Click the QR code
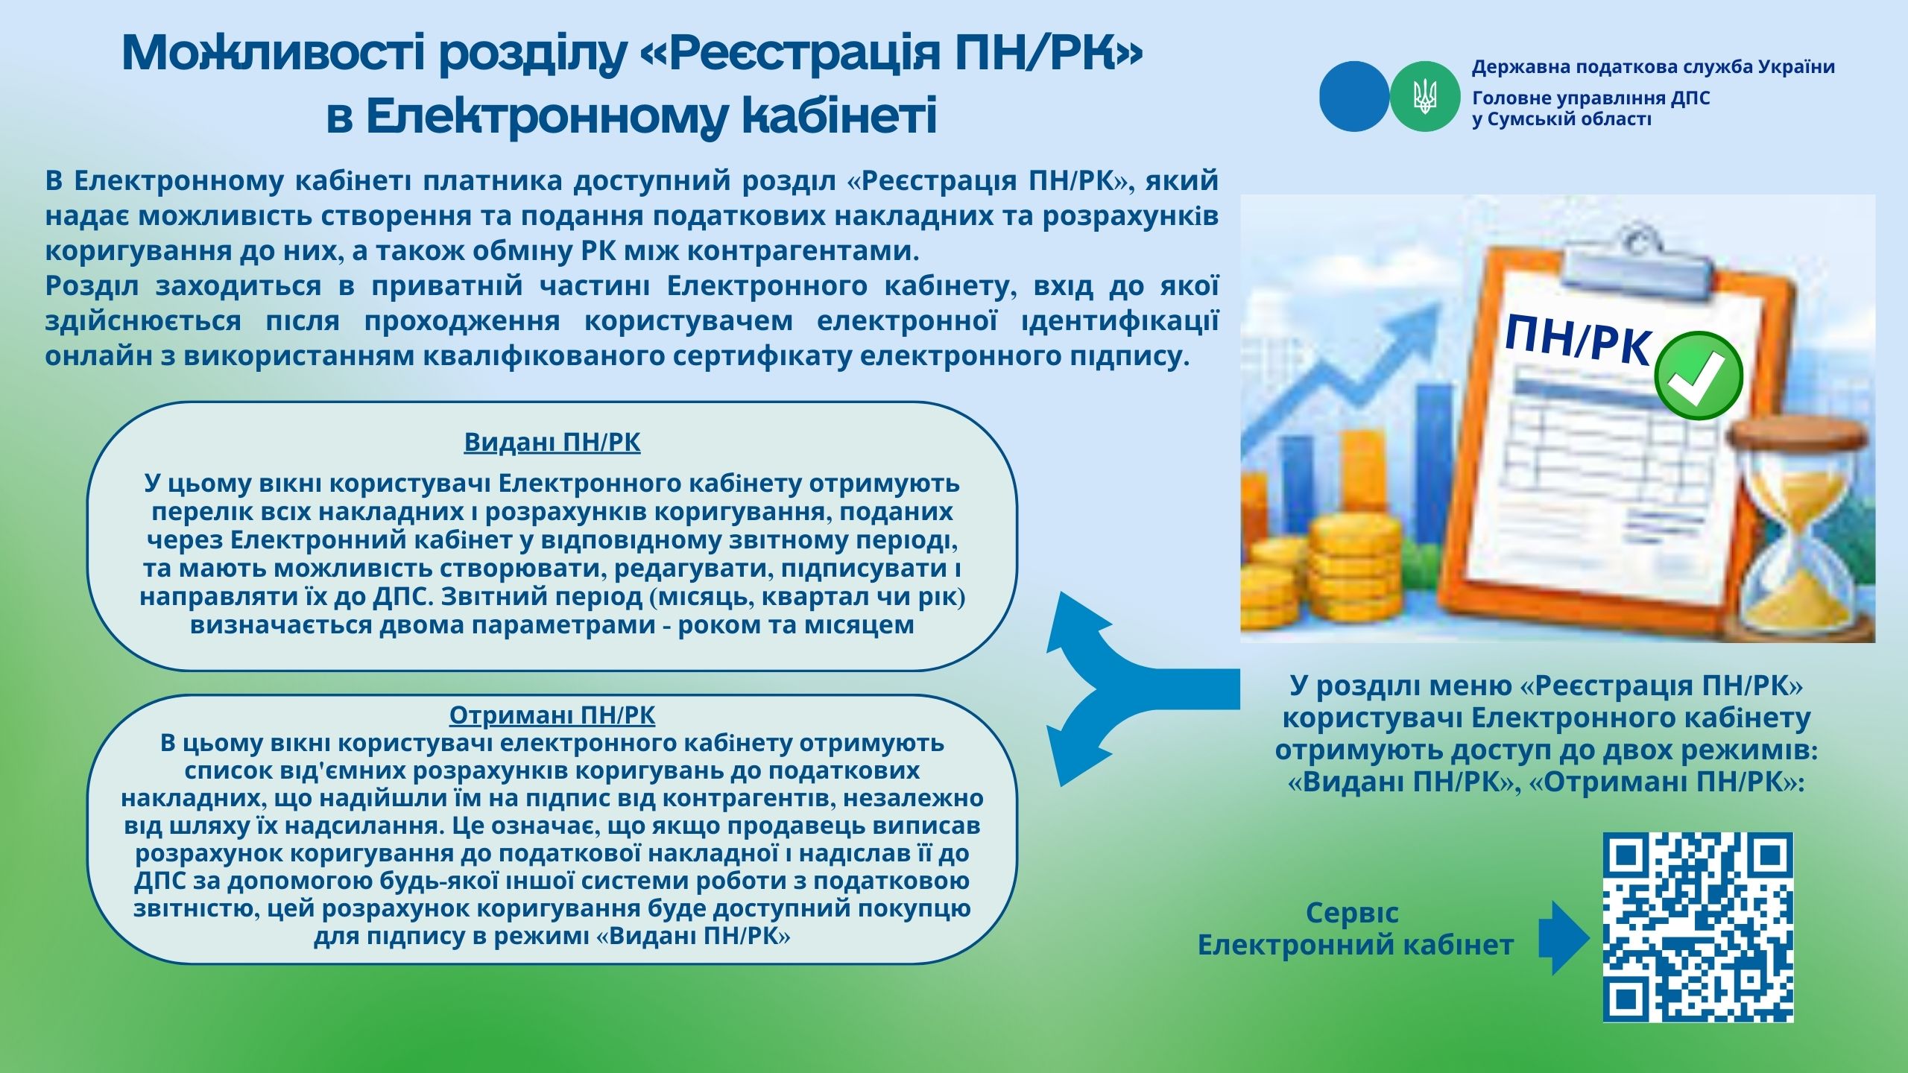click(x=1699, y=927)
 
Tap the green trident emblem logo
click(x=1424, y=97)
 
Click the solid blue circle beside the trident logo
click(x=1354, y=97)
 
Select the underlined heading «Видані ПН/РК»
click(x=552, y=442)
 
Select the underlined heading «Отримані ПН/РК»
click(x=552, y=715)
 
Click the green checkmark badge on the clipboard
click(x=1699, y=376)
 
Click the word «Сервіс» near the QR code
click(x=1352, y=913)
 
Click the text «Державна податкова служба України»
click(x=1653, y=67)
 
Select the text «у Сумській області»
click(x=1561, y=119)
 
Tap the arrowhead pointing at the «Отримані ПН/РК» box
click(x=1073, y=753)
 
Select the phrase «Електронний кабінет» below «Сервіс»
click(x=1355, y=945)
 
